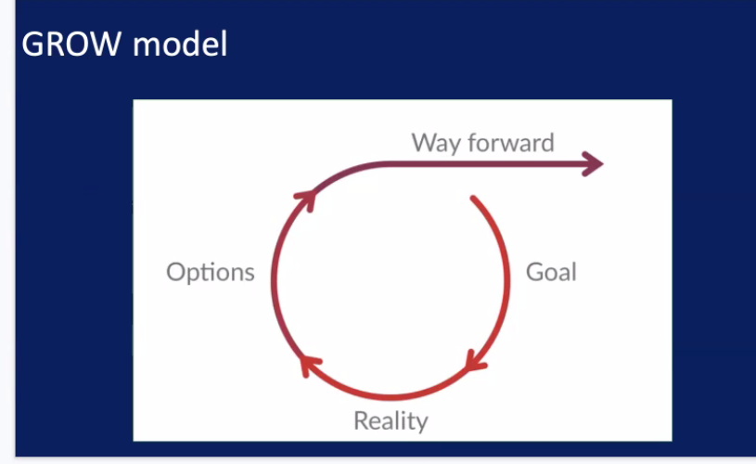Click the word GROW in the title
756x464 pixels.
click(x=71, y=45)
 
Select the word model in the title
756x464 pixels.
click(x=180, y=44)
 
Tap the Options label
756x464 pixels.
click(x=211, y=273)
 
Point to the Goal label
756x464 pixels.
click(x=551, y=272)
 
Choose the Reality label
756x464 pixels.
click(x=391, y=421)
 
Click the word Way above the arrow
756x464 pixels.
click(x=436, y=144)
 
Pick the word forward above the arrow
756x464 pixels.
click(x=511, y=143)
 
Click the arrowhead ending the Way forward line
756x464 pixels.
click(x=593, y=164)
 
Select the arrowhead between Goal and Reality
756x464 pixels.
click(x=475, y=361)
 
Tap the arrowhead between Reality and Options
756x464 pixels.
click(x=309, y=365)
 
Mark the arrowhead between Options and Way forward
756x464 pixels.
click(x=306, y=200)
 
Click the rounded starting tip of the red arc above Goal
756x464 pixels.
click(x=473, y=199)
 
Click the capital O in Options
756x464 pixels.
click(x=176, y=272)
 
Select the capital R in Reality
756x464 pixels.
click(x=362, y=420)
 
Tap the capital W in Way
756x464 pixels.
click(x=425, y=142)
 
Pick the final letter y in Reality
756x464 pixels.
click(x=421, y=424)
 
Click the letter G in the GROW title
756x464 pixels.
click(x=32, y=45)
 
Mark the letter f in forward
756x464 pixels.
click(x=472, y=142)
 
